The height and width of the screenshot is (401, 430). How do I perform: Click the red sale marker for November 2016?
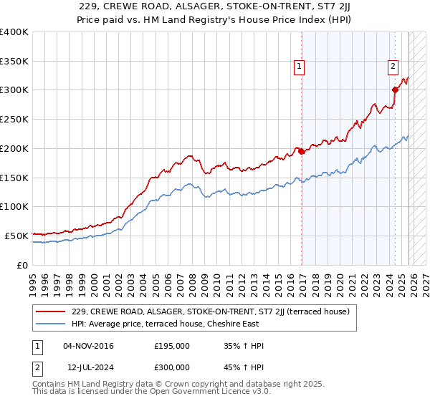(x=302, y=151)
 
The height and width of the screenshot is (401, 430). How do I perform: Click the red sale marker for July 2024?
(x=395, y=90)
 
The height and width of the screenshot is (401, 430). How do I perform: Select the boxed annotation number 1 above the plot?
(x=299, y=67)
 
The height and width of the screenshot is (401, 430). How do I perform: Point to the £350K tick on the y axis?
(x=14, y=62)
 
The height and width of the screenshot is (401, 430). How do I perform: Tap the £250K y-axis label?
(x=14, y=120)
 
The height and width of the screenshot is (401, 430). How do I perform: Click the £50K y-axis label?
(x=17, y=236)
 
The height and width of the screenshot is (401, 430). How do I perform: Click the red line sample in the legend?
(x=51, y=311)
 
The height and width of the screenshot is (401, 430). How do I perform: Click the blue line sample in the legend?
(x=51, y=323)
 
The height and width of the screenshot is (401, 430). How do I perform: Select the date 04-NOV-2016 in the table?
(x=89, y=346)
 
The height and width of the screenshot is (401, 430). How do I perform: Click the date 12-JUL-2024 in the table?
(x=89, y=367)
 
